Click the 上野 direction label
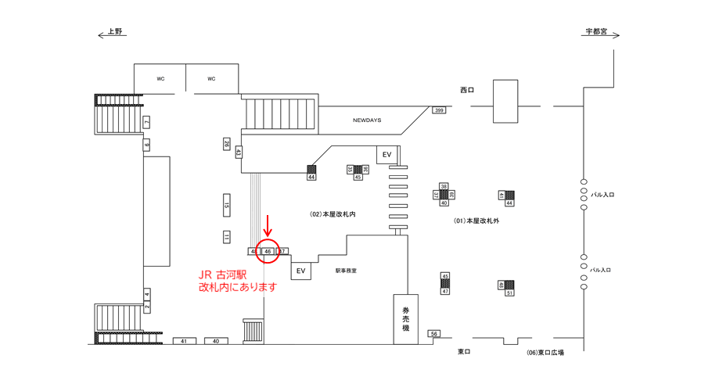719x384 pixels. [x=115, y=33]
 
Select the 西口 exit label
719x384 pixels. [x=467, y=90]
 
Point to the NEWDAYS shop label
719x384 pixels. [x=366, y=120]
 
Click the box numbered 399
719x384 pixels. [x=439, y=110]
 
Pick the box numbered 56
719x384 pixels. [x=434, y=334]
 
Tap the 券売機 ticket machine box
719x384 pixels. [x=405, y=319]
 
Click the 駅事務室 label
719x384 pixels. [x=346, y=271]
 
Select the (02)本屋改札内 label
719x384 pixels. [x=333, y=213]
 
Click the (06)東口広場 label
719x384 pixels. [x=545, y=353]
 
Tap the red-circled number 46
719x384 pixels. [x=268, y=251]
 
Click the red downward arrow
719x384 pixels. [x=268, y=227]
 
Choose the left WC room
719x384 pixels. [x=160, y=79]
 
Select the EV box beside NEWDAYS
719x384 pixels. [x=386, y=155]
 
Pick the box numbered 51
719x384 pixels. [x=509, y=292]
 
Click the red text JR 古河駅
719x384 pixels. [x=223, y=275]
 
